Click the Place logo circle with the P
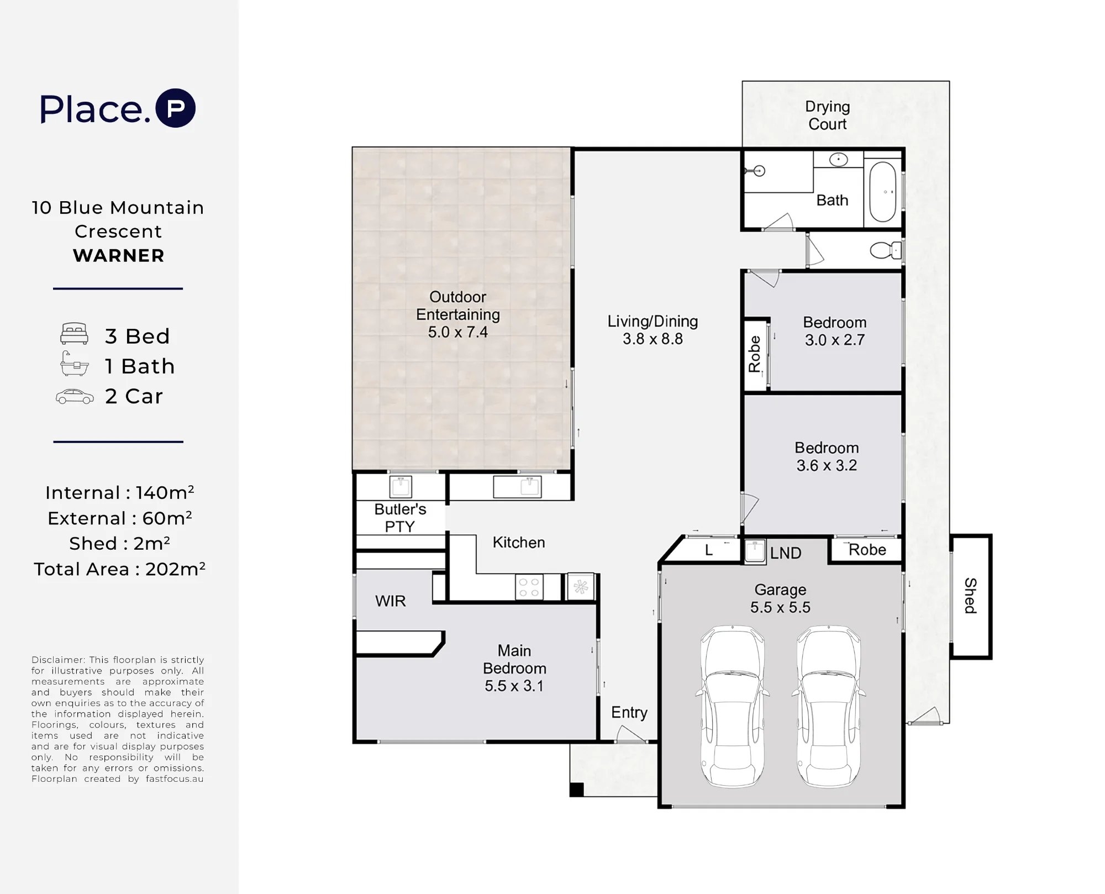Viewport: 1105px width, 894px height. coord(175,108)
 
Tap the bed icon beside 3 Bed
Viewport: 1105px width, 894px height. coord(74,334)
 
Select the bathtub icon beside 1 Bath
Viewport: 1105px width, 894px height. coord(74,364)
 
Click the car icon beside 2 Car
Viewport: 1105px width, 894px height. coord(75,397)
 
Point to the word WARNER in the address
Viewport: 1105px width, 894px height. coord(119,256)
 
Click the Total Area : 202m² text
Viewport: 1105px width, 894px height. coord(119,569)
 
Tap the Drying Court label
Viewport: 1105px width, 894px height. coord(827,115)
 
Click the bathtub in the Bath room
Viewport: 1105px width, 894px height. coord(882,191)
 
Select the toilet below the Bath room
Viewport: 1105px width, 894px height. coord(886,250)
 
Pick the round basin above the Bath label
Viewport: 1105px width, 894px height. coord(839,160)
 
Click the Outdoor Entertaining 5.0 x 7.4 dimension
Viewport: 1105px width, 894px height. coord(457,332)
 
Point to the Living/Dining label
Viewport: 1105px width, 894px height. coord(653,321)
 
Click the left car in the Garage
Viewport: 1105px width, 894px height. coord(732,706)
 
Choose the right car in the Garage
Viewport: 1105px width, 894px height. coord(828,706)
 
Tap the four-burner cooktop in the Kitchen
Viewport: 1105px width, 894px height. coord(529,587)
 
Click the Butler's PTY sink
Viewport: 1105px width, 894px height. coord(401,487)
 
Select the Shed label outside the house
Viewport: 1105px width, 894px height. coord(970,596)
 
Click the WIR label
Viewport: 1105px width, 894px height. coord(390,601)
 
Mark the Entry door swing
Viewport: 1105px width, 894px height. coord(630,733)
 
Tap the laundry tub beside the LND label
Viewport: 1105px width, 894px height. coord(754,551)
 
